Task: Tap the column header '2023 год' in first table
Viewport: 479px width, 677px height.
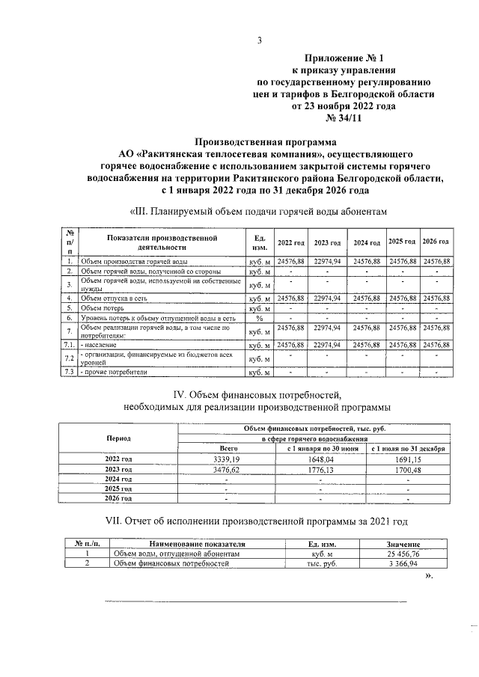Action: tap(327, 243)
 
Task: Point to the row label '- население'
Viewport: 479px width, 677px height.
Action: tap(102, 345)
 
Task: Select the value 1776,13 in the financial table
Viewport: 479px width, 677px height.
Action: tap(319, 468)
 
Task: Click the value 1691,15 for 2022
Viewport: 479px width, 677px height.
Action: tap(408, 458)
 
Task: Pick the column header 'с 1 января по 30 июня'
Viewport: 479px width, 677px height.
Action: tap(319, 447)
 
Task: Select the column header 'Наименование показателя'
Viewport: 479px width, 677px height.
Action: tap(198, 544)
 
